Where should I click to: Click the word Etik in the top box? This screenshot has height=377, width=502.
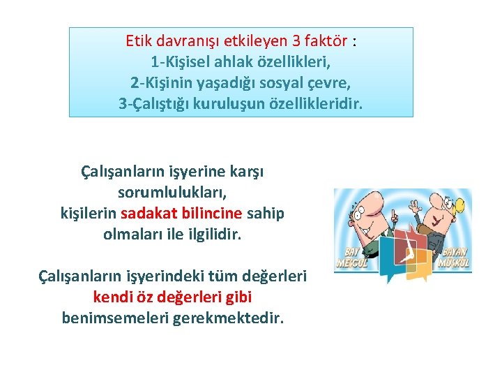pyautogui.click(x=138, y=40)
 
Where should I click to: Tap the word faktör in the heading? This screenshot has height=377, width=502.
pyautogui.click(x=325, y=40)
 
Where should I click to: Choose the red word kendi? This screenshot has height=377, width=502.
pyautogui.click(x=112, y=297)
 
